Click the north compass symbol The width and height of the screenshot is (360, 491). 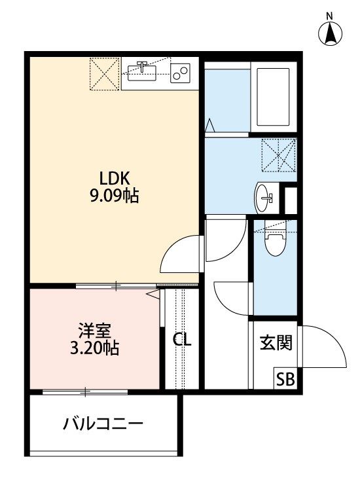[331, 33]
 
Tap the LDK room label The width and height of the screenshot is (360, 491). [115, 177]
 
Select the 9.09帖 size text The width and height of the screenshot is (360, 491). [115, 195]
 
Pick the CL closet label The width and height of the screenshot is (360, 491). [182, 340]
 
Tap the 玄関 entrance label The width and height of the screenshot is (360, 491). [276, 342]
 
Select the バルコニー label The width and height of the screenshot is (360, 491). [103, 424]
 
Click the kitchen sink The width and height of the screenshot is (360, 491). [145, 70]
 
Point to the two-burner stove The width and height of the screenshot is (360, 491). [180, 72]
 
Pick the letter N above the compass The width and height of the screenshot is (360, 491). [331, 14]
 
